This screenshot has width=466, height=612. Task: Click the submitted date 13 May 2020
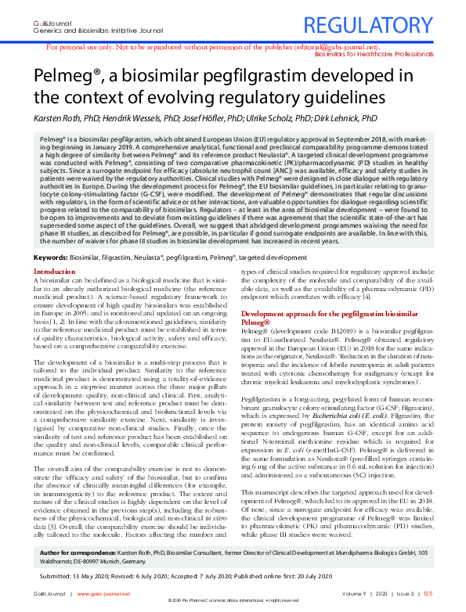[87, 576]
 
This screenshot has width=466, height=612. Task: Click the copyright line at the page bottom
[233, 607]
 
